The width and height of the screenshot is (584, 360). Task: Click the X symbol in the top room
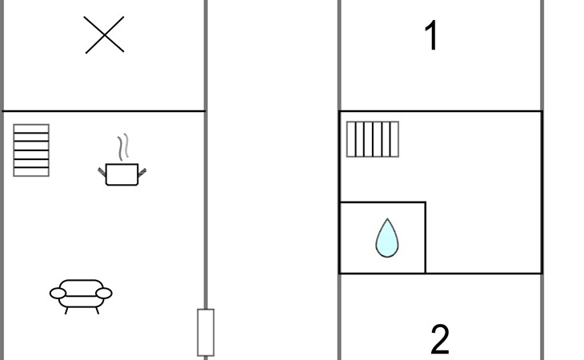(x=104, y=35)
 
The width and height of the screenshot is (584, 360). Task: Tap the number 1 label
(x=431, y=36)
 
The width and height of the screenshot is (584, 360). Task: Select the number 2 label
(x=440, y=339)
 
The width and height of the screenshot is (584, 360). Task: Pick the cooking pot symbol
(x=122, y=173)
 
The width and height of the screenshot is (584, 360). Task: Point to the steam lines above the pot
(x=122, y=148)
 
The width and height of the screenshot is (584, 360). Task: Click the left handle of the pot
(x=102, y=170)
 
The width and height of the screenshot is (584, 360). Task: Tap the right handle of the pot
(x=143, y=170)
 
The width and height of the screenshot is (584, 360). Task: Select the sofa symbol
(x=81, y=293)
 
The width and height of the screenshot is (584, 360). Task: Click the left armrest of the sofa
(x=58, y=294)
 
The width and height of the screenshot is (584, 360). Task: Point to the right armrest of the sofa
(x=104, y=294)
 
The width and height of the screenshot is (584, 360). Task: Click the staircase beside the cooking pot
(x=31, y=150)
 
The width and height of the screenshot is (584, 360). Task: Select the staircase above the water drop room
(x=372, y=139)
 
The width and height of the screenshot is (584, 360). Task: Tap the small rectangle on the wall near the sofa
(x=206, y=332)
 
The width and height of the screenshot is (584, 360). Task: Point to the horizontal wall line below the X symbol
(x=104, y=110)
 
